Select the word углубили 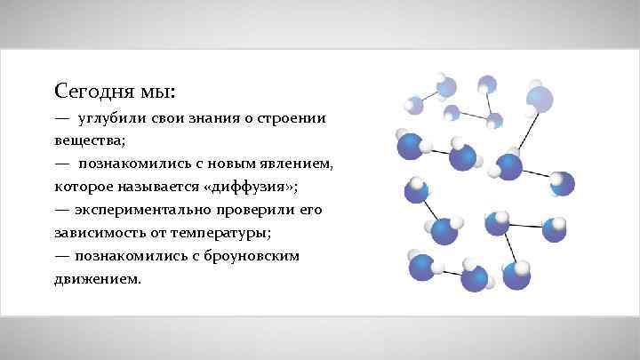click(x=111, y=118)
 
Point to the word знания click(x=215, y=118)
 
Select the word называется click(x=164, y=188)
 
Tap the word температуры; click(x=228, y=233)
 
